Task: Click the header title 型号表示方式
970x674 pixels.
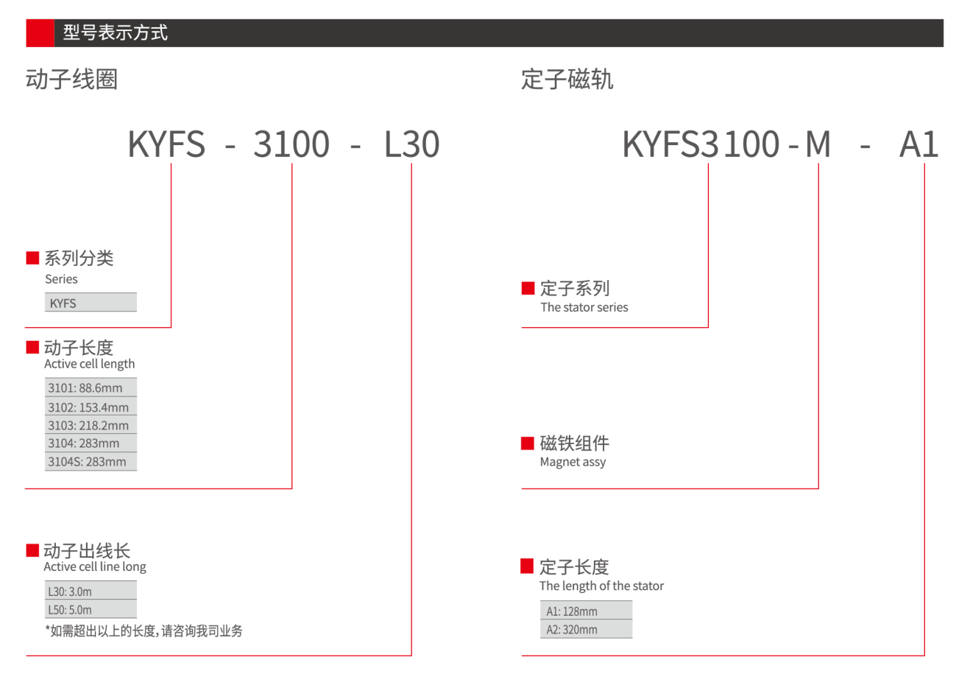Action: (116, 32)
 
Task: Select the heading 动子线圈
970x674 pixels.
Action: (71, 80)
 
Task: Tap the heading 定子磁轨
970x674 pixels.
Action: (567, 80)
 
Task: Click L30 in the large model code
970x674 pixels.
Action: (412, 144)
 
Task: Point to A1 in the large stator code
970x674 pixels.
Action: (919, 144)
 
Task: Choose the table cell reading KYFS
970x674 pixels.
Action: (91, 303)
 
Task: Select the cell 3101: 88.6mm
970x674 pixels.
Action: (91, 387)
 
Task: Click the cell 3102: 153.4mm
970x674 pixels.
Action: (91, 407)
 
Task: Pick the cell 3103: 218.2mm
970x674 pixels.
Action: (91, 425)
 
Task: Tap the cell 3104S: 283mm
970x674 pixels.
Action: (91, 461)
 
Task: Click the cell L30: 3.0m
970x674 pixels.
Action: (91, 591)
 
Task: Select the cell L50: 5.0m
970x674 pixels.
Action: (91, 609)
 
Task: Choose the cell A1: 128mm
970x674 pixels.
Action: (586, 611)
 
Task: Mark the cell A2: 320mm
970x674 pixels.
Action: (586, 629)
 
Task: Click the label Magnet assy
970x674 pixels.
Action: (573, 463)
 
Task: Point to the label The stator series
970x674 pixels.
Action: (584, 307)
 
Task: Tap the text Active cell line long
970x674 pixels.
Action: (95, 567)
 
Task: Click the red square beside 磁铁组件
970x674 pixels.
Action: (527, 443)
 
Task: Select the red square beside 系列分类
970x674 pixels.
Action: (32, 258)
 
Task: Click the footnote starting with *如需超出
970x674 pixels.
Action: (144, 631)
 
